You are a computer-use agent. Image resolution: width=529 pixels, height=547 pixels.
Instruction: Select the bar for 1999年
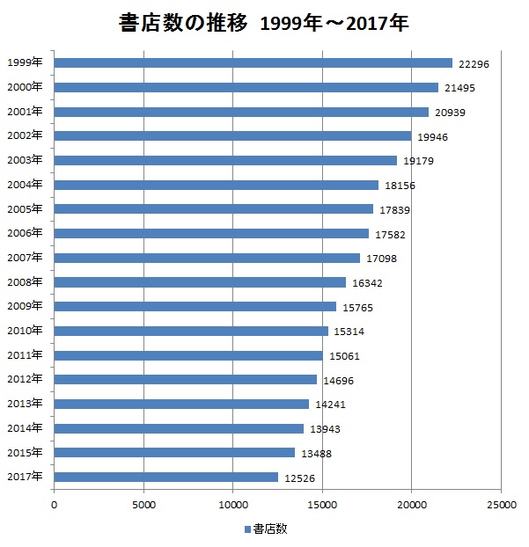tap(253, 62)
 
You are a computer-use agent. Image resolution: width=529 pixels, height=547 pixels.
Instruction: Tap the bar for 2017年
tap(166, 477)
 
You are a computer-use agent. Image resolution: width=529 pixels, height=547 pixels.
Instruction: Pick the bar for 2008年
tap(201, 282)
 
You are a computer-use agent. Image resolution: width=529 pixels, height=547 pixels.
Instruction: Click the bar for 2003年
tap(225, 160)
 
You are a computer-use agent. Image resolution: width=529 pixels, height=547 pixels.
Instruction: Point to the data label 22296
tap(474, 63)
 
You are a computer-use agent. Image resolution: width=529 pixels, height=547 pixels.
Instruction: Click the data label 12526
tap(299, 478)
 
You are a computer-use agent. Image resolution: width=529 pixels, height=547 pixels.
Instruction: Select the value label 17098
tap(381, 259)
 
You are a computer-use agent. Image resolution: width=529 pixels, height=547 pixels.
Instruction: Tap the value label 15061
tap(344, 356)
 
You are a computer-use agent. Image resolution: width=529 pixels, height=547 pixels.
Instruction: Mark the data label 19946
tap(432, 136)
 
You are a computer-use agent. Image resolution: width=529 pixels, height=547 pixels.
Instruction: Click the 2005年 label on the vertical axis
tap(24, 209)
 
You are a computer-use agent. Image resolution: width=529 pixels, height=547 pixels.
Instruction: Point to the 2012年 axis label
tap(24, 379)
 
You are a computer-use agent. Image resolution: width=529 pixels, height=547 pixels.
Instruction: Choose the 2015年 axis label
tap(24, 452)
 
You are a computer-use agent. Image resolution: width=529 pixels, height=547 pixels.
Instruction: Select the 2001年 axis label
tap(24, 112)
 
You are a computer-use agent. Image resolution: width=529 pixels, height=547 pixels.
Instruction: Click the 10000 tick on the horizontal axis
tap(233, 504)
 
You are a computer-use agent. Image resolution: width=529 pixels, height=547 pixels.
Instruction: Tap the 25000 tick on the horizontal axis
tap(501, 504)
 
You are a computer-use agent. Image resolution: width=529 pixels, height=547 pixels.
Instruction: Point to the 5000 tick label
tap(143, 504)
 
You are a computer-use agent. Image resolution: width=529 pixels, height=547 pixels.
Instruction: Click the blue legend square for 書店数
tap(247, 529)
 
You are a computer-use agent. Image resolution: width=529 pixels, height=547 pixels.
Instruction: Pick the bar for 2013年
tap(182, 404)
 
